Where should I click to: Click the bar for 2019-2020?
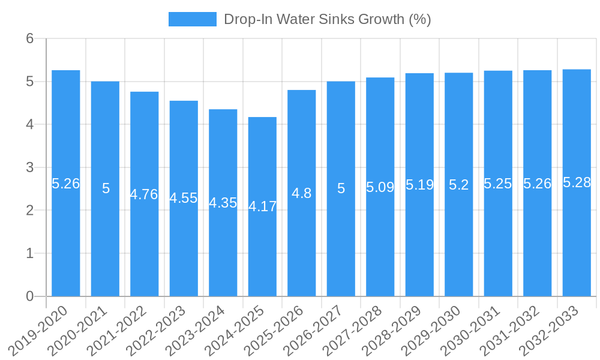pyautogui.click(x=66, y=240)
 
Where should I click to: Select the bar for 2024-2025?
pyautogui.click(x=262, y=252)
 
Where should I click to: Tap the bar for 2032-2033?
pyautogui.click(x=577, y=240)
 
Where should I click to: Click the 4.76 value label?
pyautogui.click(x=144, y=194)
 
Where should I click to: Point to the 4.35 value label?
pyautogui.click(x=223, y=203)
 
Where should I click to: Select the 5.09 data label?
pyautogui.click(x=380, y=187)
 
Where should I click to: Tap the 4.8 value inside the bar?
pyautogui.click(x=301, y=193)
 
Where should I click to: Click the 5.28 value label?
pyautogui.click(x=577, y=183)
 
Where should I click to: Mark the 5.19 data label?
pyautogui.click(x=419, y=185)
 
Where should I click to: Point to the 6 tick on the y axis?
pyautogui.click(x=29, y=38)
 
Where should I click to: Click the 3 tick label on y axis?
pyautogui.click(x=29, y=167)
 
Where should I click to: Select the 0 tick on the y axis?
pyautogui.click(x=29, y=296)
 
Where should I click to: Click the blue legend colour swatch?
pyautogui.click(x=192, y=19)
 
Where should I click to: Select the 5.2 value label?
pyautogui.click(x=459, y=185)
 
